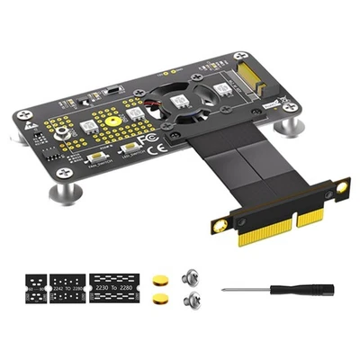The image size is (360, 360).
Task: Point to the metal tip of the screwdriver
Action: pos(227,290)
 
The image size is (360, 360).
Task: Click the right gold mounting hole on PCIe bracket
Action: pos(341,187)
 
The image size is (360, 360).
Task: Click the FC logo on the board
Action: pos(150,139)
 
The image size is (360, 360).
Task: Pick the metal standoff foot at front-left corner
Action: pos(64,192)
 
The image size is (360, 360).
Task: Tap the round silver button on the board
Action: pos(62,132)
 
